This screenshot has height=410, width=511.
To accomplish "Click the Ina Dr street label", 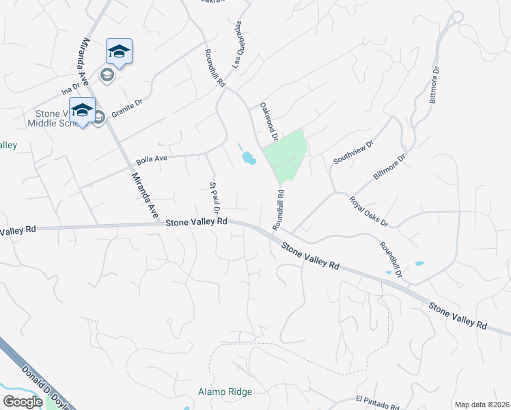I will (70, 90).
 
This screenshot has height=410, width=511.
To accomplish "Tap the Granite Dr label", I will (126, 108).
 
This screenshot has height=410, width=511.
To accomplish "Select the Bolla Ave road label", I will (152, 160).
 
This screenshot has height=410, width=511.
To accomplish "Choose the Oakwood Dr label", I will (268, 122).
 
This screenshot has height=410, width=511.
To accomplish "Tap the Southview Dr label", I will (354, 152).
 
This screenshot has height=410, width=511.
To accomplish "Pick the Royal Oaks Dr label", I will (368, 212).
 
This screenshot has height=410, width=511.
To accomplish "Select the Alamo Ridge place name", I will (225, 392).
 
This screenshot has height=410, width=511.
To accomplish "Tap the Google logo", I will (23, 402).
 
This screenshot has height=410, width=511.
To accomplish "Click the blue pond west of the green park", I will (249, 159).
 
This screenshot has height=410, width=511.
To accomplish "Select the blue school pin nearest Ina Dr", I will (119, 51).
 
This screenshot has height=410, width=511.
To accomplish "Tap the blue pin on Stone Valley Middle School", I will (83, 110).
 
